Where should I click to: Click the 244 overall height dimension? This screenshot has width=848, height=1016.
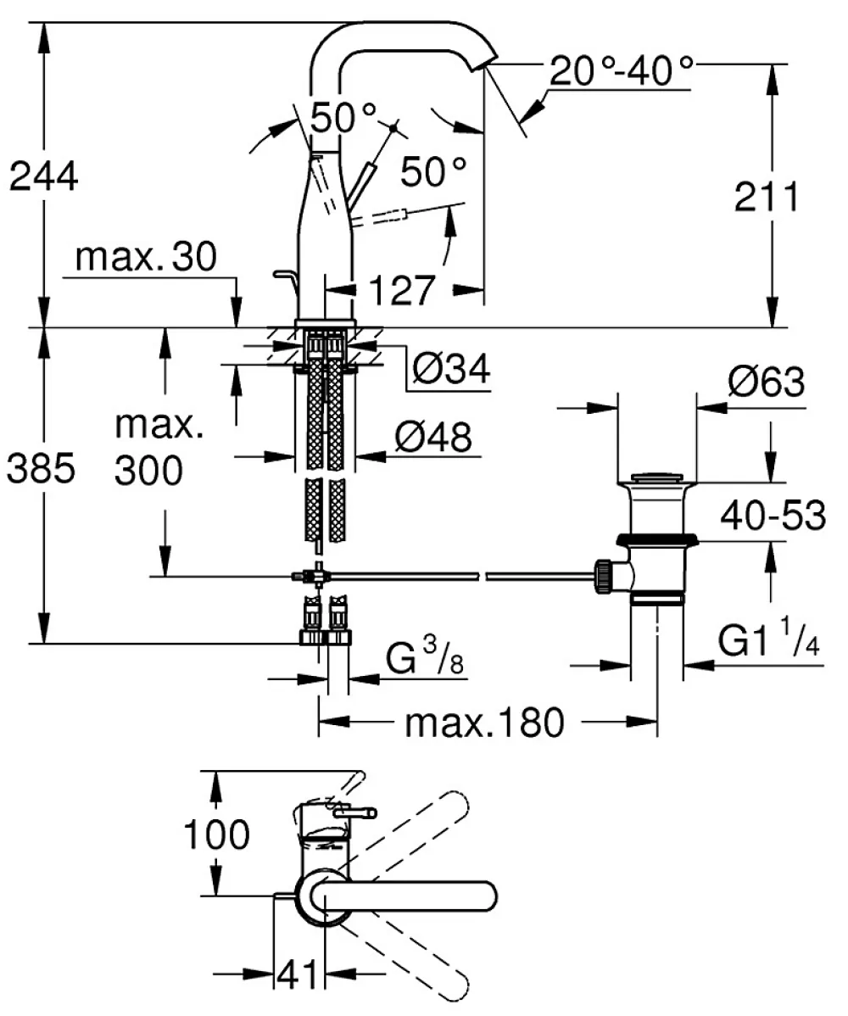[x=43, y=176]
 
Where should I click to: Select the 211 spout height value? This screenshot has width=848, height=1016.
[x=767, y=197]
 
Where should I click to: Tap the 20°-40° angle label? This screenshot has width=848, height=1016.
[x=622, y=70]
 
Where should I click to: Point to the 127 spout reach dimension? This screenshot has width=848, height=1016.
[x=402, y=290]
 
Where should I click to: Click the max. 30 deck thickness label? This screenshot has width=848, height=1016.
[x=146, y=257]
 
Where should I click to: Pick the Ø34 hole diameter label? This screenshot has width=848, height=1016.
[x=451, y=369]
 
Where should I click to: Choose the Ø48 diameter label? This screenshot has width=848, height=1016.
[x=433, y=437]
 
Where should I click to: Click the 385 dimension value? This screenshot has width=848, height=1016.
[x=41, y=468]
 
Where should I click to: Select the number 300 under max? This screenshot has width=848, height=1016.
[x=148, y=470]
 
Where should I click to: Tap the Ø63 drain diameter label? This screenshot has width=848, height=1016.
[x=767, y=382]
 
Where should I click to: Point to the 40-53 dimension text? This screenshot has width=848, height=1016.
[x=773, y=515]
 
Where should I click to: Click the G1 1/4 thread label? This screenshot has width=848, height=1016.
[x=768, y=641]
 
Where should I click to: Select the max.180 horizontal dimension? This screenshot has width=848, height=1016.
[x=484, y=722]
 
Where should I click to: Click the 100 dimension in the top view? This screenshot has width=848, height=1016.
[x=216, y=834]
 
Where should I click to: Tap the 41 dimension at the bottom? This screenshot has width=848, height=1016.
[x=298, y=974]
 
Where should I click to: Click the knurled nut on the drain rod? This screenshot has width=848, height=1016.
[x=602, y=575]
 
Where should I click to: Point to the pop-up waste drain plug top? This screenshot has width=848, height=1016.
[x=657, y=479]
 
